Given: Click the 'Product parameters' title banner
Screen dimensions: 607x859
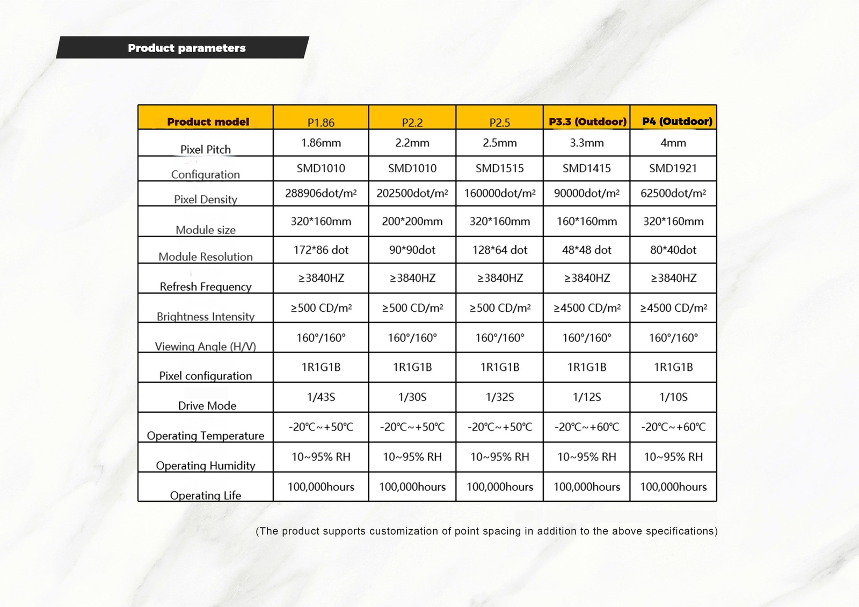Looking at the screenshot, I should click(x=186, y=48).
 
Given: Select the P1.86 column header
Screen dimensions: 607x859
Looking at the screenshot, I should click(x=321, y=122).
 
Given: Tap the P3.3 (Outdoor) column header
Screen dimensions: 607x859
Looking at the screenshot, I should click(x=587, y=121).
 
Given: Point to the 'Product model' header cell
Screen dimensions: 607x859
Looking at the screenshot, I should click(x=208, y=121).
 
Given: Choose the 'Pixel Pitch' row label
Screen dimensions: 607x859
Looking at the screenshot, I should click(x=206, y=149).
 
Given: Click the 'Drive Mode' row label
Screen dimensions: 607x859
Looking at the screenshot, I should click(x=207, y=406).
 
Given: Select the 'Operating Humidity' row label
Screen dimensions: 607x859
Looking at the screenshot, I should click(x=206, y=465).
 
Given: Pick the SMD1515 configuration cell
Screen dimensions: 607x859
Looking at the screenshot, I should click(x=500, y=168).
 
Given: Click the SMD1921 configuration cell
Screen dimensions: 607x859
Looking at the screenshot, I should click(x=673, y=168).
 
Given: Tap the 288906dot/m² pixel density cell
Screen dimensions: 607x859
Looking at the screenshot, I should click(x=321, y=193).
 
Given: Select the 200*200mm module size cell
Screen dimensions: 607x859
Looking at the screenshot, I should click(x=412, y=221).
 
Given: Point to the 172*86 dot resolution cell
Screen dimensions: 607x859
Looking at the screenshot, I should click(x=321, y=250).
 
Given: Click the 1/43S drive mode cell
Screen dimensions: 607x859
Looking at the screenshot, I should click(x=321, y=397).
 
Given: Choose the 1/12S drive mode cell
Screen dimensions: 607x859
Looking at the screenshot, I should click(x=587, y=397).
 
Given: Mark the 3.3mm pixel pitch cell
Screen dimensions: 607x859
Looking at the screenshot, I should click(x=587, y=143).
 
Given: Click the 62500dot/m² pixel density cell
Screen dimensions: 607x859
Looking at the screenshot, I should click(x=673, y=193).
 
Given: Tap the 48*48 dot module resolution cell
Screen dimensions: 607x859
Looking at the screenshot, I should click(x=587, y=250).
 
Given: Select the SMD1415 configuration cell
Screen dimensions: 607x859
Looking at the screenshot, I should click(x=587, y=168).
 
